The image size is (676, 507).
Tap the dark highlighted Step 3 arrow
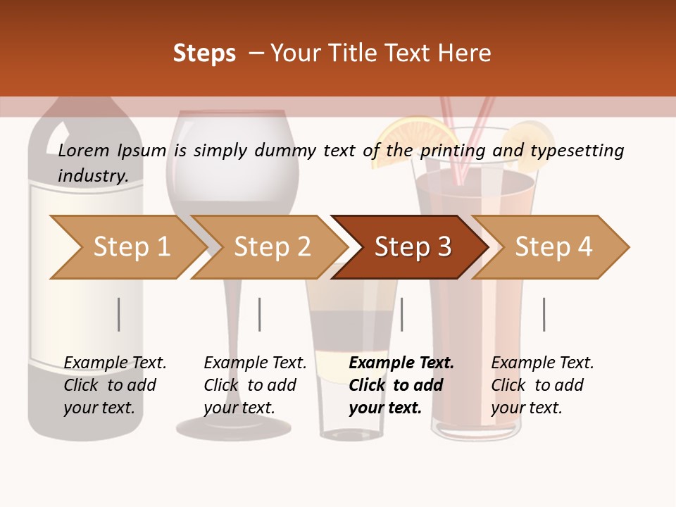point(411,247)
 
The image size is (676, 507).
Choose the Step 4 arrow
point(553,247)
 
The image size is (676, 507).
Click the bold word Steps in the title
point(204,54)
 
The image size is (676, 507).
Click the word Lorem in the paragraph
point(83,150)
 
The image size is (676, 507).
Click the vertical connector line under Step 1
point(118,314)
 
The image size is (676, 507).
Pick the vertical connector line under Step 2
point(259,314)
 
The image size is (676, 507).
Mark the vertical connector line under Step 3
point(401,314)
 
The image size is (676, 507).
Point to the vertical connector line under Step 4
point(544,314)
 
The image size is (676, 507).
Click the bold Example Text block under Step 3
point(401,385)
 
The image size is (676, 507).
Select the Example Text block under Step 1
point(115,385)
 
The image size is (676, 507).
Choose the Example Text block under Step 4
point(542,385)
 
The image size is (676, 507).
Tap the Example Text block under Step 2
point(255,385)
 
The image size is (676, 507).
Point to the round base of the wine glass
point(234,425)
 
